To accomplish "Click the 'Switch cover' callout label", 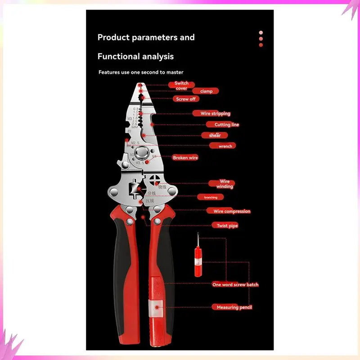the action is tap(181, 85).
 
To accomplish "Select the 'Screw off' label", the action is tap(186, 99).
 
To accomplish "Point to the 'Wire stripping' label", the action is tap(216, 114).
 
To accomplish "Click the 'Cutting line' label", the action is tap(226, 125).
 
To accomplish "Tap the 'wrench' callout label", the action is tap(225, 146).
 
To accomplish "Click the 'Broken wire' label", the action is tap(185, 158).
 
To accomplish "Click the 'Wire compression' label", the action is tap(231, 211).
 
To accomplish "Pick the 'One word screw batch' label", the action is tap(235, 284).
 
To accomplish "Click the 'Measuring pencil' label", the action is tap(232, 307).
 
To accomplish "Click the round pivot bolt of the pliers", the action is tap(144, 154).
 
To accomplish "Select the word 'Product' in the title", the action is tap(113, 37).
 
